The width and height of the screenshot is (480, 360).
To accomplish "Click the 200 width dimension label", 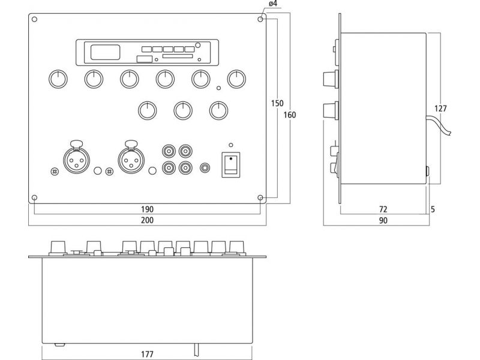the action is (x=147, y=220).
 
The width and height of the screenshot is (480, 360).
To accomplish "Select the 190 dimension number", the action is (x=147, y=209).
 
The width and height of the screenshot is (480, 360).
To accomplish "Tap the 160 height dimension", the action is (x=290, y=115).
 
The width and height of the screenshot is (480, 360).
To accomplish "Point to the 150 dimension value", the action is (x=277, y=103).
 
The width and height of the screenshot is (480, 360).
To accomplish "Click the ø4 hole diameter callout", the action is (x=273, y=4).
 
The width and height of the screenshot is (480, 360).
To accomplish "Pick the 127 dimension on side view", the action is (x=440, y=109).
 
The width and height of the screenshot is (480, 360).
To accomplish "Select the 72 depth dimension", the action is (x=383, y=209).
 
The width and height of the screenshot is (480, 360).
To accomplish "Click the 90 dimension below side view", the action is (x=383, y=220).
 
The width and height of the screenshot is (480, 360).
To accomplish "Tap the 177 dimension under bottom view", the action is (x=147, y=354).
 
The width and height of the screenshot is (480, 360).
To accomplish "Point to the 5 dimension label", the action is (x=433, y=209).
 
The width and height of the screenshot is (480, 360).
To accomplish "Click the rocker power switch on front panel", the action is (x=231, y=164).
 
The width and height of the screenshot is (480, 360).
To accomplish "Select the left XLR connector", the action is (x=76, y=159).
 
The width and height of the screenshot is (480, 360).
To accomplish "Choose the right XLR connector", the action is (x=131, y=159).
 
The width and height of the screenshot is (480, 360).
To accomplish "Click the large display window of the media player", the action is (x=106, y=52).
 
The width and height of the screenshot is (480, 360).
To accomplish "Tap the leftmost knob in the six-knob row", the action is (x=58, y=79).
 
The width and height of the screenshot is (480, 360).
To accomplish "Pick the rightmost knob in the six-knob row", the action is (x=236, y=79).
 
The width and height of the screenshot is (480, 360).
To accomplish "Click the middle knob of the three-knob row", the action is (x=183, y=110).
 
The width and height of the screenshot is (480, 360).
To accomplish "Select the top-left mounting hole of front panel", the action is (x=35, y=19).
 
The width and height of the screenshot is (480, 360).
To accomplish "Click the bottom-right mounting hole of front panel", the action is (x=260, y=198).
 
